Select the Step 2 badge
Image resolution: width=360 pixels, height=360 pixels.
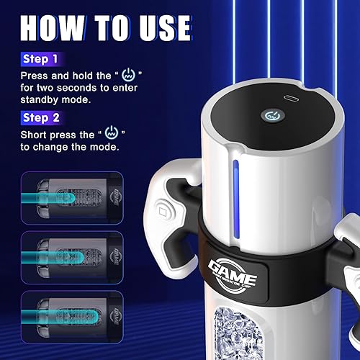(40, 117)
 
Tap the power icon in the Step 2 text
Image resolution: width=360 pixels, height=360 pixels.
(110, 134)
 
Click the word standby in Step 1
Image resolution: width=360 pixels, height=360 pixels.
(49, 99)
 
